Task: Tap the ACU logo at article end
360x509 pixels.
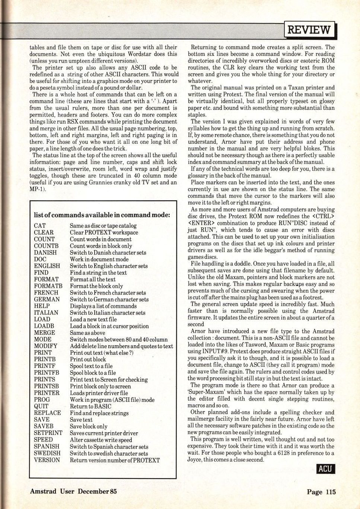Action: (325, 468)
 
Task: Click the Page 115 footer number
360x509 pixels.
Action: (321, 492)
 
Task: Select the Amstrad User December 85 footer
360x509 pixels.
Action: (73, 491)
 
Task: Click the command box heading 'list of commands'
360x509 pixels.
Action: (102, 215)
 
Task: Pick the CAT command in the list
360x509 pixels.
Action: (40, 226)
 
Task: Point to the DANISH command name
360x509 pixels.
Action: (45, 252)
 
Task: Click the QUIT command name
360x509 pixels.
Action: (41, 406)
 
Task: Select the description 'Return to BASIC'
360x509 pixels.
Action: (90, 406)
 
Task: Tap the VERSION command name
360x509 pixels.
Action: (47, 460)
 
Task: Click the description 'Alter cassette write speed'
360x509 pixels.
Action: (101, 440)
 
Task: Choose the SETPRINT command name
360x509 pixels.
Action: (48, 433)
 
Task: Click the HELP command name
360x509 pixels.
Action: (42, 306)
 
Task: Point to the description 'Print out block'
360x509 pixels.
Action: (88, 360)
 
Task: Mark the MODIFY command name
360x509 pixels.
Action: (45, 346)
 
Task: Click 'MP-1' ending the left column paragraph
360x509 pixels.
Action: (37, 189)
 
